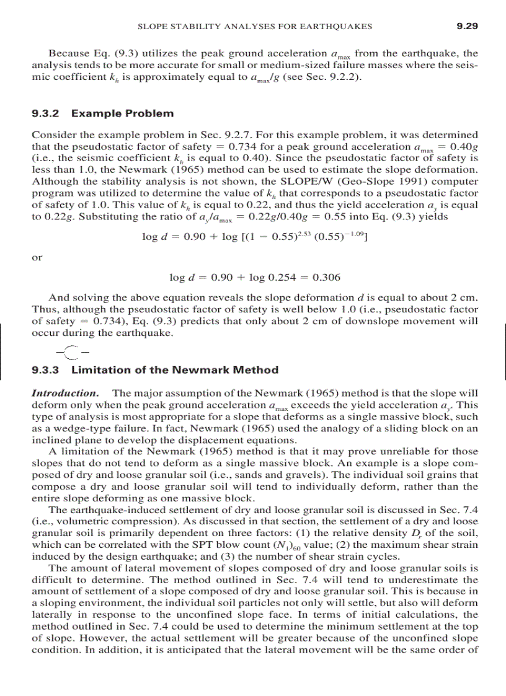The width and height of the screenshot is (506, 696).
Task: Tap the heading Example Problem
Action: [x=123, y=114]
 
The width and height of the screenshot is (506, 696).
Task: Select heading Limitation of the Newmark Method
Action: [x=175, y=370]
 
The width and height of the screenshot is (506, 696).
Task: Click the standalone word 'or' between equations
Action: [x=37, y=257]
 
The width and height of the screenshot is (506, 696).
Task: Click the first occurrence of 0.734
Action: [x=244, y=146]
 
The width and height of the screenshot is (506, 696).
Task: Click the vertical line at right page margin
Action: [x=505, y=350]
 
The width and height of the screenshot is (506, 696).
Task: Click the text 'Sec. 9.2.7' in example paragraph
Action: [x=219, y=134]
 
